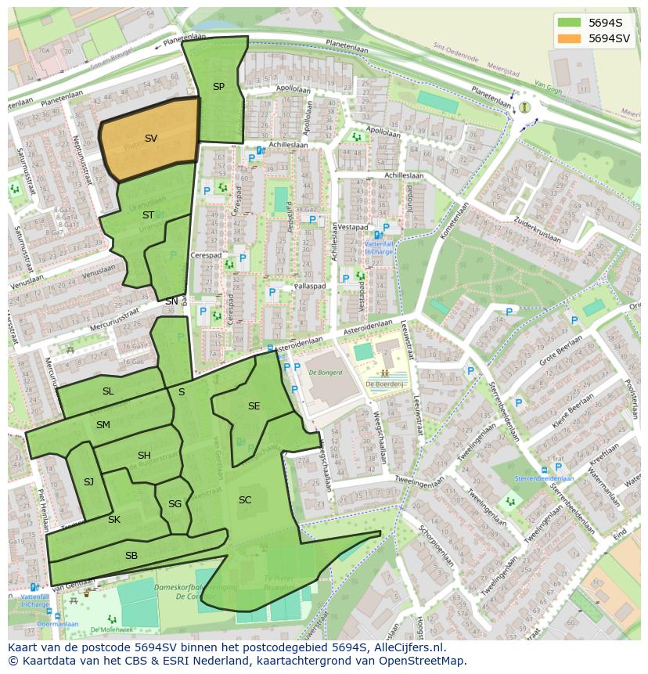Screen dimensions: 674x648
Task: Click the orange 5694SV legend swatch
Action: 570,38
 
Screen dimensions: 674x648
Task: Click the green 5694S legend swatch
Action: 570,23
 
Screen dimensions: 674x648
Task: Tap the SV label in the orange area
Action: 151,139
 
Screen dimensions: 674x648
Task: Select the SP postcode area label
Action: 218,87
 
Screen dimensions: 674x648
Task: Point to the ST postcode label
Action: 148,215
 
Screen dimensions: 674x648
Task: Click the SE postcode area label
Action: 254,406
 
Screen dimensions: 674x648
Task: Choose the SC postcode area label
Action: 245,500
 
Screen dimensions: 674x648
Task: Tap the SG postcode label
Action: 175,504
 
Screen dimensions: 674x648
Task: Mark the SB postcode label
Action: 131,556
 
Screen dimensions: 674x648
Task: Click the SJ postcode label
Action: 88,482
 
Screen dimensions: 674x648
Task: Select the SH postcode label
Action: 144,456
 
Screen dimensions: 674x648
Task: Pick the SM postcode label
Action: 103,425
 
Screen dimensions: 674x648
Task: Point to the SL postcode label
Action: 108,391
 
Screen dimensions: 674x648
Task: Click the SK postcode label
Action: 114,520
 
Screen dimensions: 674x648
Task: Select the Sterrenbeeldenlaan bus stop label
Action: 544,478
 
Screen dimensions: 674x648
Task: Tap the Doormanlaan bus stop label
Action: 57,624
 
